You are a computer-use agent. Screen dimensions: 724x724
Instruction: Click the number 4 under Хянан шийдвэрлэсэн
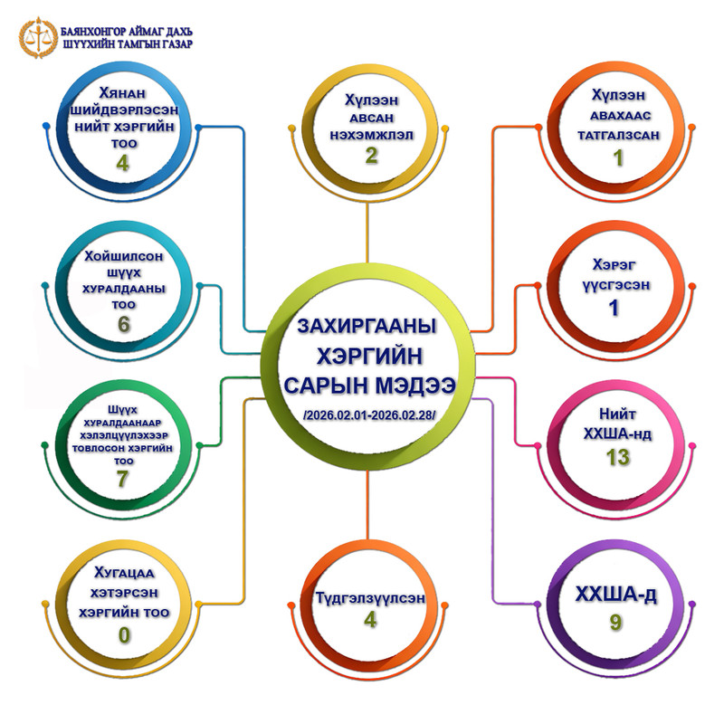(123, 163)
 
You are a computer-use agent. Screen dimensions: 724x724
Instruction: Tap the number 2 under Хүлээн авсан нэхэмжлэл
(370, 155)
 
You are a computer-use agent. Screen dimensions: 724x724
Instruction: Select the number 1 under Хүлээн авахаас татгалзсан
(619, 158)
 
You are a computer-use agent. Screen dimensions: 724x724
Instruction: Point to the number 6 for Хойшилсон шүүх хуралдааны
(124, 323)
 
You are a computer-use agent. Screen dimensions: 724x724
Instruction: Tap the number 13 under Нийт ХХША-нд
(618, 458)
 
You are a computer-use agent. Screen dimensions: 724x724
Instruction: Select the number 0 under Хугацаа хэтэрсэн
(124, 634)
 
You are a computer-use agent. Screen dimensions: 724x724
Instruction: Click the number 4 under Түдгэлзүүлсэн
(369, 620)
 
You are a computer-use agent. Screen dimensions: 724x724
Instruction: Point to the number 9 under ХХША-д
(617, 623)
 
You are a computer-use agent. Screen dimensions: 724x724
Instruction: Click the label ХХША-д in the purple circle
(618, 594)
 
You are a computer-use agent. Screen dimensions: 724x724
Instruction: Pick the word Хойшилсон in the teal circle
(124, 256)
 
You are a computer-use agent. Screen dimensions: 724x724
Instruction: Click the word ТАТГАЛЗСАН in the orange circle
(619, 134)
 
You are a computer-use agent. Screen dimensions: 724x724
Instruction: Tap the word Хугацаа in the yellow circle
(124, 572)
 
